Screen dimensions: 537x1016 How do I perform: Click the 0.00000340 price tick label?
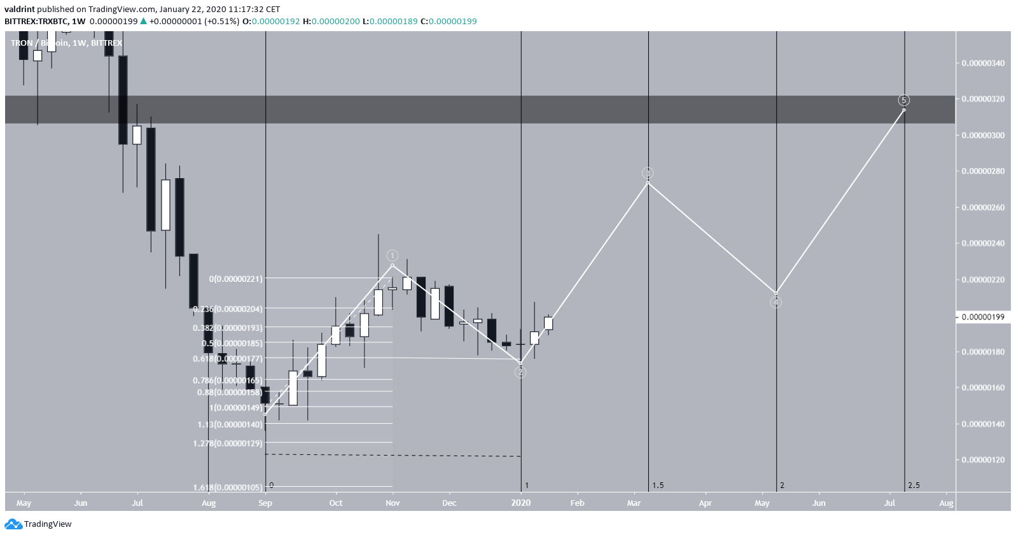coord(983,63)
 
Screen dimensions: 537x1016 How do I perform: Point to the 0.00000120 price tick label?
coord(983,459)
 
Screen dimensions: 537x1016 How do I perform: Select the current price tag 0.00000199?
coord(983,317)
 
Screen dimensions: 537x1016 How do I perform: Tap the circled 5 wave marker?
coord(903,100)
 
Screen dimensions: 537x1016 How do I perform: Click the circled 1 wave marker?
coord(393,255)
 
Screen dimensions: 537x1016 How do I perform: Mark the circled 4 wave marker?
coord(776,303)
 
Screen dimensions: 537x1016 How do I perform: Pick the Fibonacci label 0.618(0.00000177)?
coord(228,359)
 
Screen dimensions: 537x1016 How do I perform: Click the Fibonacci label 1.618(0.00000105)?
coord(228,487)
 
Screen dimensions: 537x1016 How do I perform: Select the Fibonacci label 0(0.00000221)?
coord(235,279)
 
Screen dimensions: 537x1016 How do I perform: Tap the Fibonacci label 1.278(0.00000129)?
coord(228,443)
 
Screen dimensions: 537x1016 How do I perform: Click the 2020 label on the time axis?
coord(520,503)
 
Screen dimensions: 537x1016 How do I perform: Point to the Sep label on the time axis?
coord(265,503)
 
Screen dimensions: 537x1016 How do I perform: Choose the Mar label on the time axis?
coord(634,503)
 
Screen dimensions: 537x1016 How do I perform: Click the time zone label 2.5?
coord(914,485)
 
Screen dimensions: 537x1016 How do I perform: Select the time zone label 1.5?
coord(658,485)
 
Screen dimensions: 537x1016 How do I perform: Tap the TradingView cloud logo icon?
coord(13,524)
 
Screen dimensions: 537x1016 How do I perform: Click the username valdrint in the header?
coord(21,10)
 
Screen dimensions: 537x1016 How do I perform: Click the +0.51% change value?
coord(225,21)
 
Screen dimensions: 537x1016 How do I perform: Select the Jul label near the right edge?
coord(889,503)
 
